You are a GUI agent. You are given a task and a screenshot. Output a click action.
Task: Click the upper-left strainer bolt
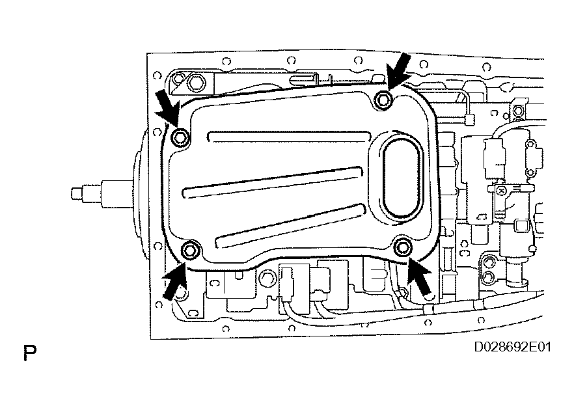181,137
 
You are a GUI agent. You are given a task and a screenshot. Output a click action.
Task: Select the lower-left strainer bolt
190,250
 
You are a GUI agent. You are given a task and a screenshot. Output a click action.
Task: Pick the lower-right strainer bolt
403,247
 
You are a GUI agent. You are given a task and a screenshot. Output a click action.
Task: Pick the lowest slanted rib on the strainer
289,221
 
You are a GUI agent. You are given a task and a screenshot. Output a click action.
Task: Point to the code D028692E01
512,347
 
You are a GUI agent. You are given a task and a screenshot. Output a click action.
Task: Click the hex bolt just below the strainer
266,280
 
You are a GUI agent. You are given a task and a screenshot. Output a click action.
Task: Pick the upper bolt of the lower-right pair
490,264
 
